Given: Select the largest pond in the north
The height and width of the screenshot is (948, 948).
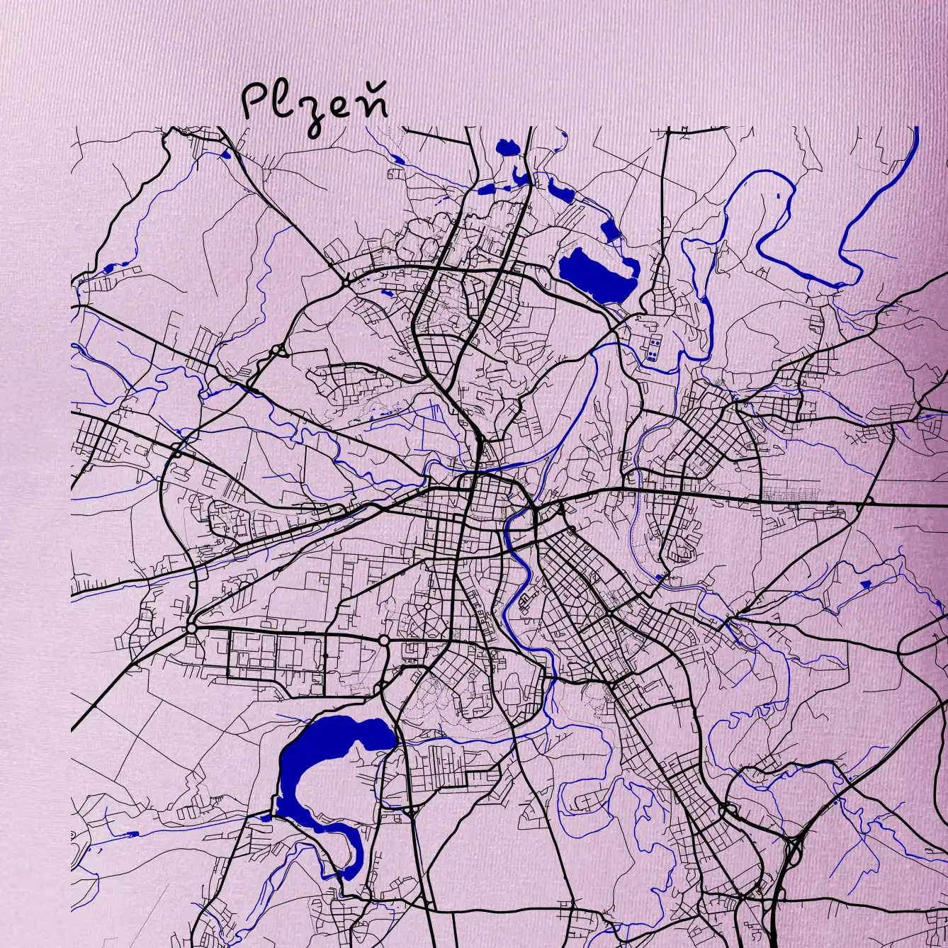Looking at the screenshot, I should pos(597,276).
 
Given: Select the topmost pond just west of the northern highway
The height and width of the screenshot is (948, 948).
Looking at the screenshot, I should pos(507,147).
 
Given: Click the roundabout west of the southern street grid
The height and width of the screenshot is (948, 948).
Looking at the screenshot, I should pos(191,628).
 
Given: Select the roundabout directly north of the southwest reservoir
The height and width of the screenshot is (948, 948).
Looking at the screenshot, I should pos(383,641).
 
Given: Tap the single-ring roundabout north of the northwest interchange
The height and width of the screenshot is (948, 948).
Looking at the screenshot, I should pos(345,282).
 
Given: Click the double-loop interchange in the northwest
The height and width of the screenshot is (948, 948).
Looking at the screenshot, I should pos(278,351).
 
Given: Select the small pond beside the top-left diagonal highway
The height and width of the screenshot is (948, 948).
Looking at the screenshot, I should pos(227,154).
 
